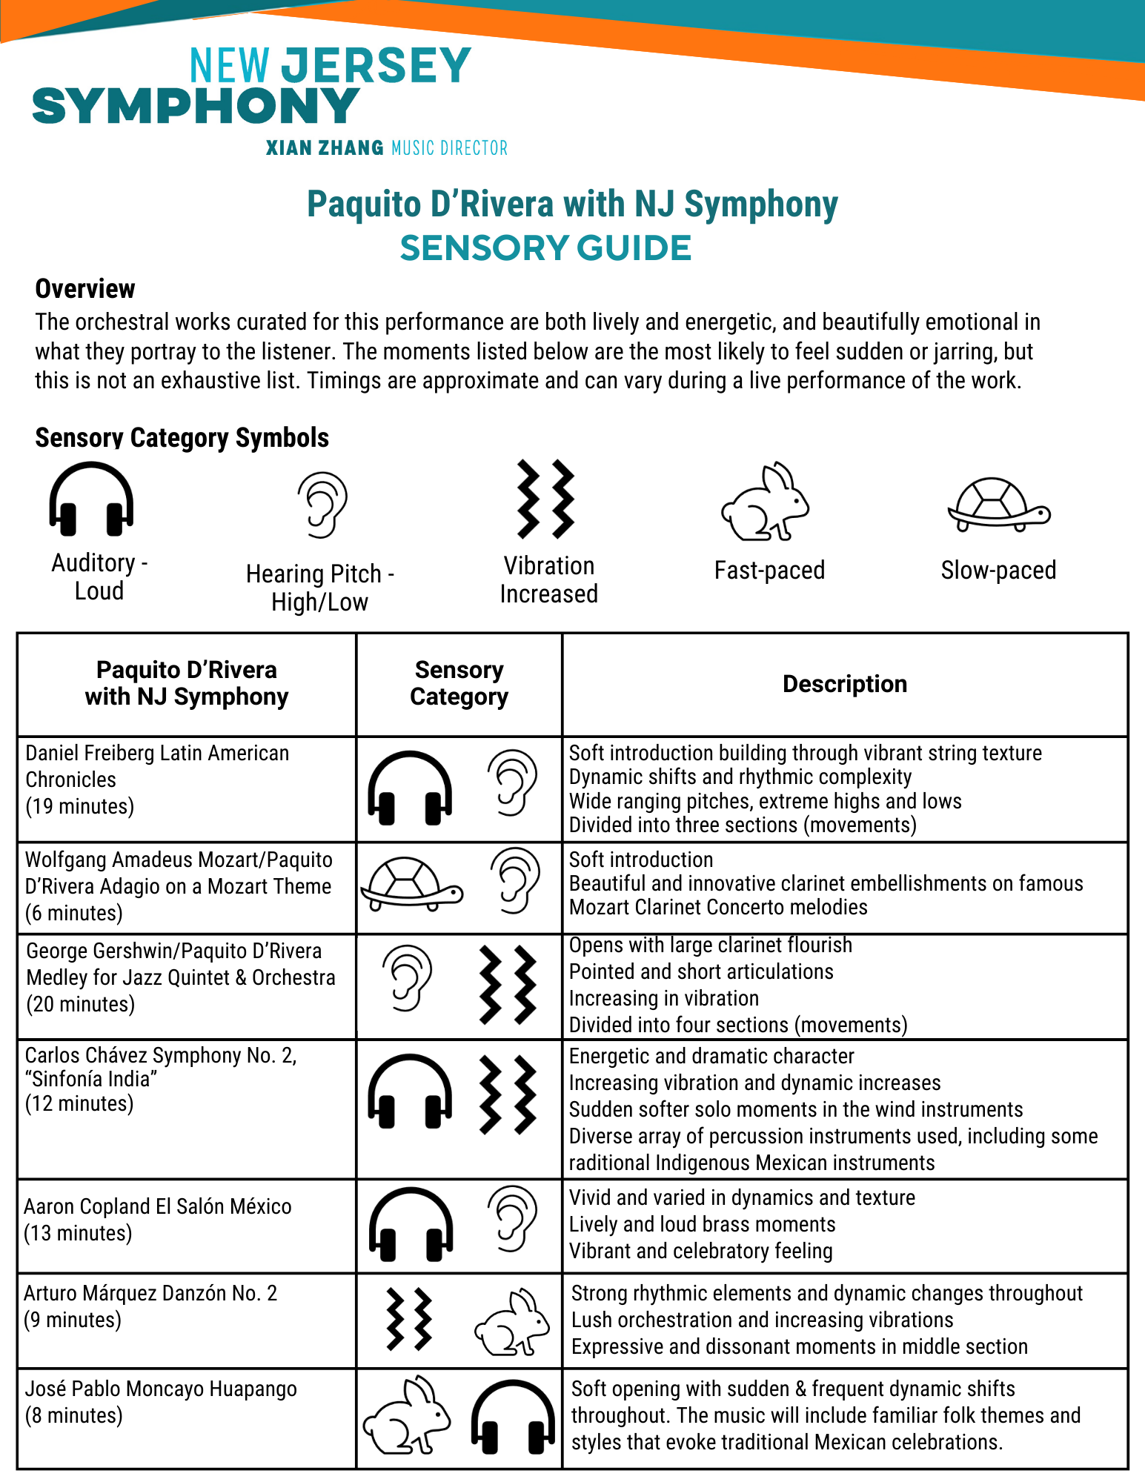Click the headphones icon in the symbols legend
[x=91, y=499]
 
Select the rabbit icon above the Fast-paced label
[x=765, y=502]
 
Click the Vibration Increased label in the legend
[x=548, y=579]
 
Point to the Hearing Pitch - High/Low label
[x=319, y=588]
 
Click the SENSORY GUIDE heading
[x=545, y=248]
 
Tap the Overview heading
[x=85, y=289]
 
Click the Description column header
[x=844, y=684]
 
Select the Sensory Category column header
[x=459, y=683]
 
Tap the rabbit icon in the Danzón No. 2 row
[x=511, y=1323]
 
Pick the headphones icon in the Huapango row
[x=513, y=1417]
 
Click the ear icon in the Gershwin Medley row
[x=407, y=978]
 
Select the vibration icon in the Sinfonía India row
[x=508, y=1094]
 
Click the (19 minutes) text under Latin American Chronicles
[x=80, y=806]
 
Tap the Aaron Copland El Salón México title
[x=157, y=1206]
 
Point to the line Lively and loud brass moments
[x=702, y=1224]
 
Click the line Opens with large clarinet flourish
[x=710, y=946]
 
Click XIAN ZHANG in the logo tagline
[x=325, y=148]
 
